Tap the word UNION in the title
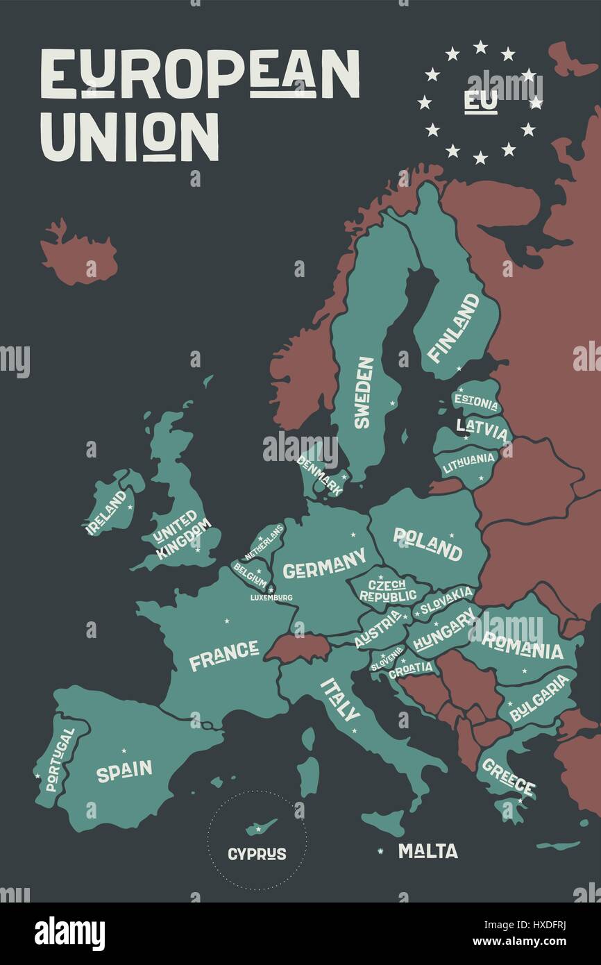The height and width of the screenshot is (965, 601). [x=130, y=137]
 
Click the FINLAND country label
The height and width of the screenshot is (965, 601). [x=453, y=328]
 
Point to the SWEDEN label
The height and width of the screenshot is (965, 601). [x=364, y=392]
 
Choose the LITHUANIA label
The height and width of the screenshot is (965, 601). [x=469, y=462]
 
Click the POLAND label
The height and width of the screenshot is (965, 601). [x=428, y=544]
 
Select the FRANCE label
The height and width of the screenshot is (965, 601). [x=223, y=655]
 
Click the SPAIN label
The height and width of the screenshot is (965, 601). [x=124, y=771]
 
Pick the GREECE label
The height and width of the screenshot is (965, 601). [x=508, y=777]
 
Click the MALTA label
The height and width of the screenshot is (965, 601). [x=428, y=851]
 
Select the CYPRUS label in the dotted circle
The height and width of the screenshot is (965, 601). [x=257, y=854]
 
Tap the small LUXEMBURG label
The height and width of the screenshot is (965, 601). [x=271, y=597]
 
